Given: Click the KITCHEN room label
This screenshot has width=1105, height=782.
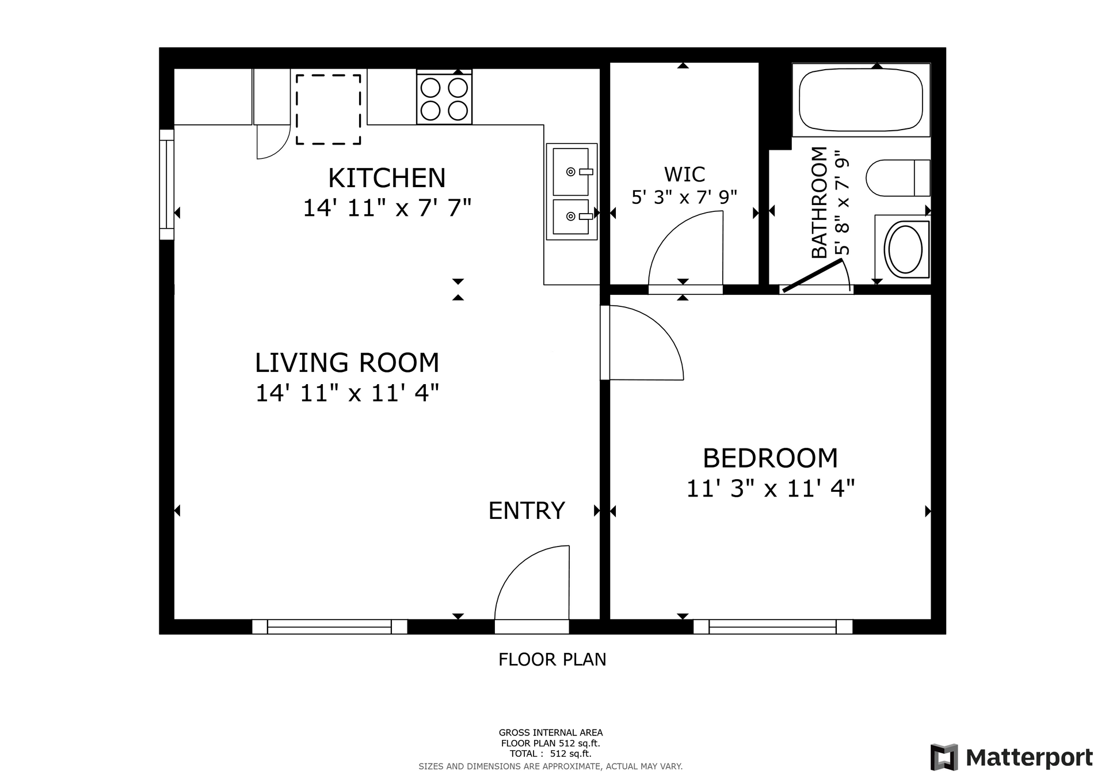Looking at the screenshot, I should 387,178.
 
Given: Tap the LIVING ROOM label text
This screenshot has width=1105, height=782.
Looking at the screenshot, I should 347,363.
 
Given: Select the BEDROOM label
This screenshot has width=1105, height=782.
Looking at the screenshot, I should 770,458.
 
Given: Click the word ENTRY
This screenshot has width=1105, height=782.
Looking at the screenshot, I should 527,511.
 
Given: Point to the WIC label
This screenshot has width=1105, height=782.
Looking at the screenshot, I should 684,174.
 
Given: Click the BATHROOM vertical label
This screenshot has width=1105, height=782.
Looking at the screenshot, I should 819,203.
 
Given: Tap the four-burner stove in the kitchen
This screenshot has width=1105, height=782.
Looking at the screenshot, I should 444,98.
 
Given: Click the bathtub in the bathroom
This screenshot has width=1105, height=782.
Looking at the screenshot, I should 860,100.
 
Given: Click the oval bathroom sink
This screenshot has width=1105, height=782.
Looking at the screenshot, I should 905,249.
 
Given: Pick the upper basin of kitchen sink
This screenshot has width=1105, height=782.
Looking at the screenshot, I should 571,172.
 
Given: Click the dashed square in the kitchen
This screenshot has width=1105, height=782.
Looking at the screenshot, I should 328,109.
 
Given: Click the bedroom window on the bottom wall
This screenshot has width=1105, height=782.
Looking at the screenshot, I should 772,627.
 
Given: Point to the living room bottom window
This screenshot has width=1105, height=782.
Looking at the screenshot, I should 329,627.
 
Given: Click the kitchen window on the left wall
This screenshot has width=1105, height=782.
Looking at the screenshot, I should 166,184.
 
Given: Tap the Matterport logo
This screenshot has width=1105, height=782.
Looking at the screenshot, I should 1011,757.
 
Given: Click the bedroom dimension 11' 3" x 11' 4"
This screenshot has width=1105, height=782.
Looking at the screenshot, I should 770,489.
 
